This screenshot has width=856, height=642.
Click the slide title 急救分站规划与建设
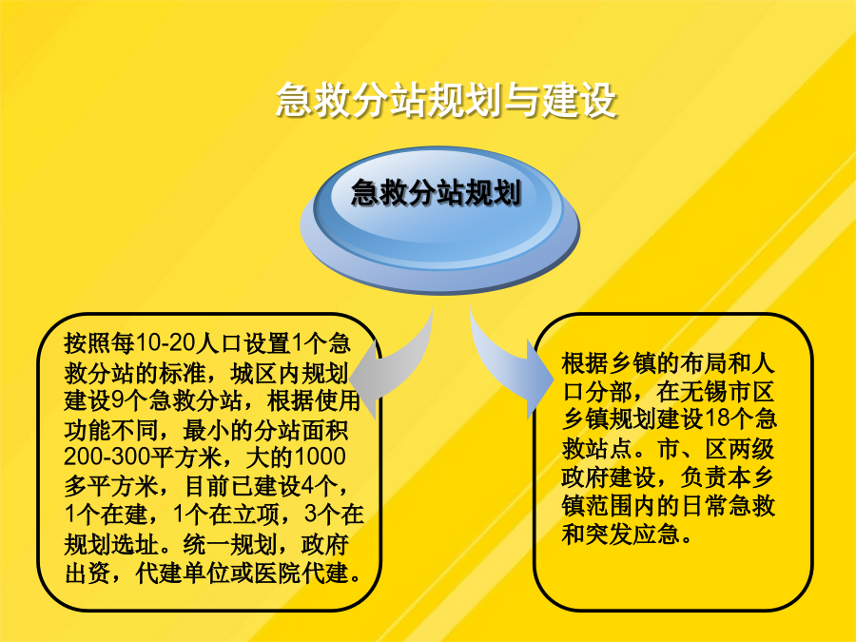tap(446, 100)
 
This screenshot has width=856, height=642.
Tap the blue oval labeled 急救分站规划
tap(439, 220)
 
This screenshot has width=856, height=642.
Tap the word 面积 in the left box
tap(324, 430)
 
